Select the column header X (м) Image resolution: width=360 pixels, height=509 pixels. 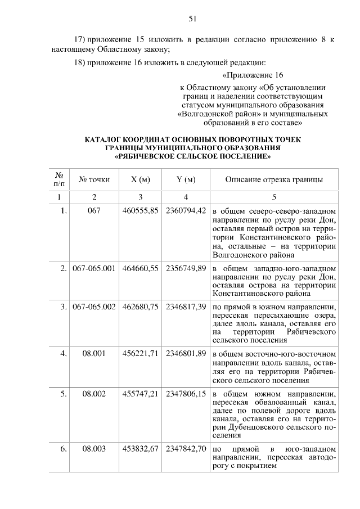click(141, 179)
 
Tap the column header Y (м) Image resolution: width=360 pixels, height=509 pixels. click(186, 179)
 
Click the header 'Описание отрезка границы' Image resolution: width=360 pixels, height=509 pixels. click(274, 179)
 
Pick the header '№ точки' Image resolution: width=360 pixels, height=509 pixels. click(94, 179)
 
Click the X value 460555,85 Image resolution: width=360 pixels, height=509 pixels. click(141, 211)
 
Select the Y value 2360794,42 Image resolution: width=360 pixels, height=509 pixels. click(186, 211)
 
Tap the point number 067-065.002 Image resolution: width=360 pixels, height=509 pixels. click(94, 308)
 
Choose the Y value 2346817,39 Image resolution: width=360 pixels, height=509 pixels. click(186, 308)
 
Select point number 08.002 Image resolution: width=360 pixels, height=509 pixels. click(94, 394)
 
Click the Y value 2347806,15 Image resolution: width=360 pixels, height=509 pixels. click(186, 394)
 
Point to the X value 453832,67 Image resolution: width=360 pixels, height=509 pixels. click(141, 449)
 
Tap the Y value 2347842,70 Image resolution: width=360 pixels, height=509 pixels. click(186, 449)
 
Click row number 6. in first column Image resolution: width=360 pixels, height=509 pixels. click(64, 449)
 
